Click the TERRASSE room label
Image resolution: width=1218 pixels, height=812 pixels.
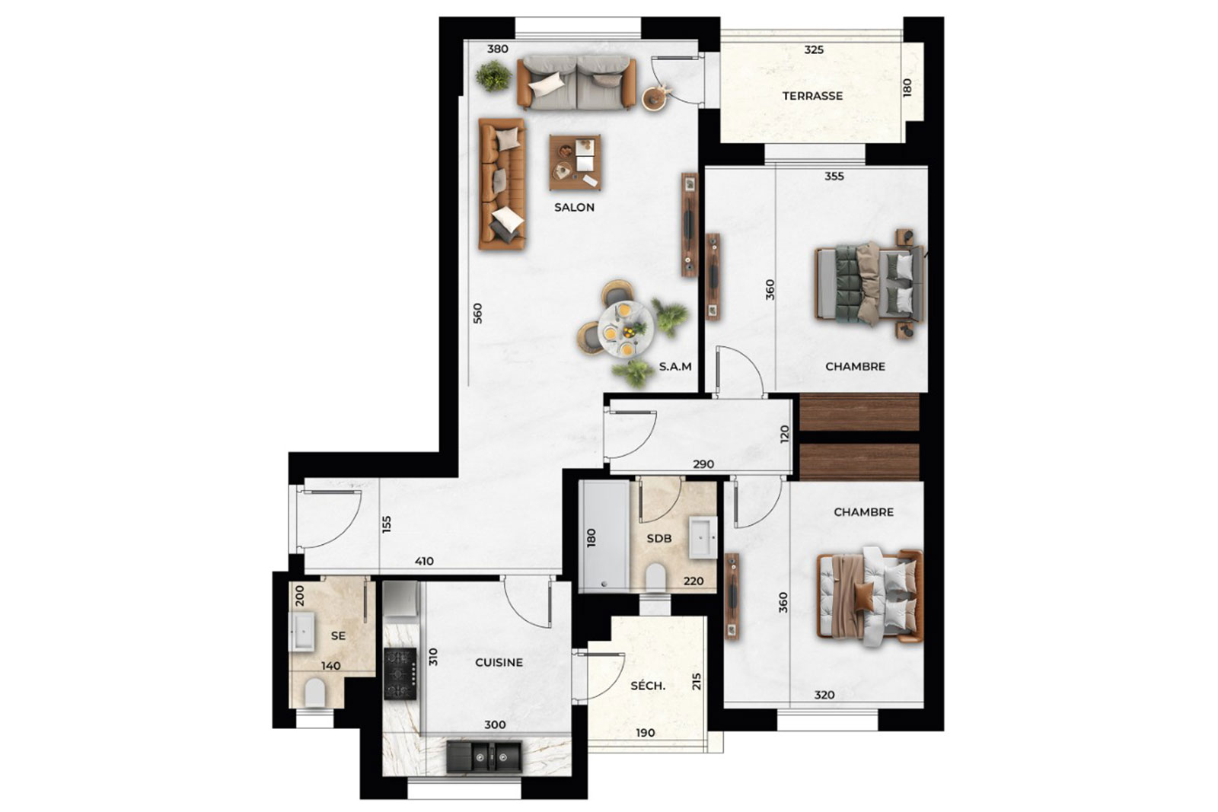point(812,96)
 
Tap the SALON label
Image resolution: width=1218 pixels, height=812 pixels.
point(574,207)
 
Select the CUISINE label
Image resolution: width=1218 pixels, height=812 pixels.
point(499,663)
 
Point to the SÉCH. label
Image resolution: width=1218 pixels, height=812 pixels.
point(648,686)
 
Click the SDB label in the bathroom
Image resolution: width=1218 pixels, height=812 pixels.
point(659,539)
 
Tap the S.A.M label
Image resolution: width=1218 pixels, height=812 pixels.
point(675,367)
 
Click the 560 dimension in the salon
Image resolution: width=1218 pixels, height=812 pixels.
point(477,314)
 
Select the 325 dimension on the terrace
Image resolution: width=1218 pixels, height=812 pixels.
point(814,50)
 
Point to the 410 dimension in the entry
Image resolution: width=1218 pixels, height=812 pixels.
point(424,562)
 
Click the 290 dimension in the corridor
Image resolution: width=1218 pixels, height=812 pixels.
point(703,464)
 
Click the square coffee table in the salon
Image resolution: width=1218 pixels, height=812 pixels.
point(576,162)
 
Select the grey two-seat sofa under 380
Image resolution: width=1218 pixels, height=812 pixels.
point(576,84)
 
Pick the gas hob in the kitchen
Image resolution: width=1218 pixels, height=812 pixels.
point(400,673)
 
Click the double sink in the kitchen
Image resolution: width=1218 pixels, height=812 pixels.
point(484,757)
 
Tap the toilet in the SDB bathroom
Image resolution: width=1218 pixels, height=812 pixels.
point(656,577)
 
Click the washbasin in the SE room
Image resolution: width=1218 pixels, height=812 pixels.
point(301,632)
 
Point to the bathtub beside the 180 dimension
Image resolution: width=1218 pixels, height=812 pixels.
point(604,534)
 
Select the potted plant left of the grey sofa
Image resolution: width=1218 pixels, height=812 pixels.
point(494,75)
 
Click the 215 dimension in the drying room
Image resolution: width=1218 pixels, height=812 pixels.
point(697,682)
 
